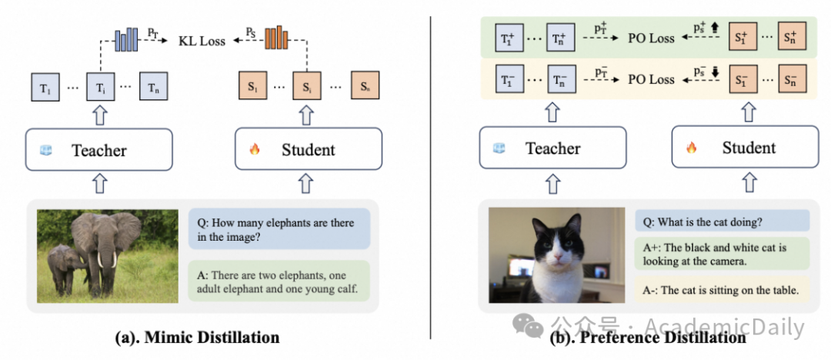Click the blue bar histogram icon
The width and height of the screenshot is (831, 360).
[x=125, y=38]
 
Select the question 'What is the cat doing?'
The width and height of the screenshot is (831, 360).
[x=722, y=222]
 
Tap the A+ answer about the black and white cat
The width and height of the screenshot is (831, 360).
[x=722, y=255]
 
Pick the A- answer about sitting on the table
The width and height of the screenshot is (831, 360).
[x=722, y=290]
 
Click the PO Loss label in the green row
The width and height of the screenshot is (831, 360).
[x=651, y=38]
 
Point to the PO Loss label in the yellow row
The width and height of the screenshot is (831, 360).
[x=651, y=79]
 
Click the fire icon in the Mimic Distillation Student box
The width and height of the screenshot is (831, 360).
[x=256, y=149]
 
